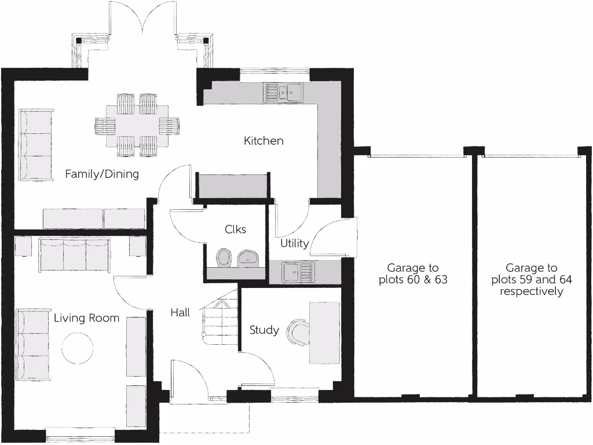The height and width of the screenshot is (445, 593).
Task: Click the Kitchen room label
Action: tap(263, 141)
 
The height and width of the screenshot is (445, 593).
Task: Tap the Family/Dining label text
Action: tap(102, 174)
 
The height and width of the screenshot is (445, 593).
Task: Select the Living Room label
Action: tap(86, 318)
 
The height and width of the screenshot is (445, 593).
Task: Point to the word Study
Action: tap(264, 330)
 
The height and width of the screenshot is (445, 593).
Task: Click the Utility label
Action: tap(294, 243)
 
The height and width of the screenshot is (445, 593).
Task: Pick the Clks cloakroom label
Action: tap(235, 229)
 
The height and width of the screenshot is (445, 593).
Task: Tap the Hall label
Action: tap(180, 313)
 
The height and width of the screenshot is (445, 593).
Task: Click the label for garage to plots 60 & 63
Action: tap(413, 274)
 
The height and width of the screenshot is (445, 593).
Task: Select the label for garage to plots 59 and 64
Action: tap(532, 279)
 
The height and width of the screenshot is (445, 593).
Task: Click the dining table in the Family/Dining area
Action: tap(138, 125)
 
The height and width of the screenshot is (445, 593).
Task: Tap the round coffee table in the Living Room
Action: tap(77, 348)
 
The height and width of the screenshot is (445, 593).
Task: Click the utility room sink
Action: tap(298, 271)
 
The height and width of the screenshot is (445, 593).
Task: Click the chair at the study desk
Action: tap(299, 333)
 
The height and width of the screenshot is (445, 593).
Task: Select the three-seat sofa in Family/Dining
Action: tap(35, 144)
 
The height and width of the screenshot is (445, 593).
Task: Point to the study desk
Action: tap(324, 333)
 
